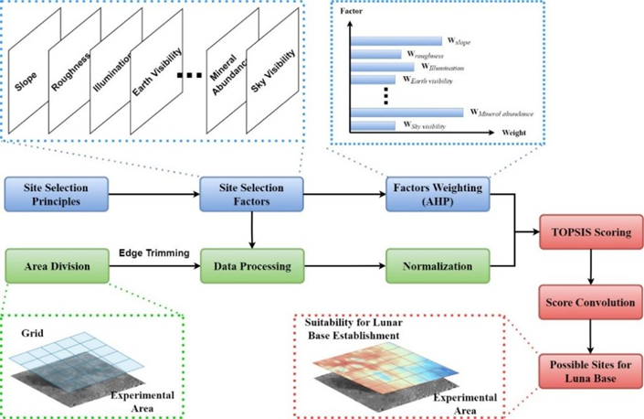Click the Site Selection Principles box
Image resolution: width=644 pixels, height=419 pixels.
(58, 194)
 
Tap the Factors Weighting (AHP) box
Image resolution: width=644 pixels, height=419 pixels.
(437, 194)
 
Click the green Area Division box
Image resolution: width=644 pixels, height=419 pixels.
(58, 267)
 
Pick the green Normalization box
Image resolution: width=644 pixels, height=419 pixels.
(437, 267)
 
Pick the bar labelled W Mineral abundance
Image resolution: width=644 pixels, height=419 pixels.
(407, 112)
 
